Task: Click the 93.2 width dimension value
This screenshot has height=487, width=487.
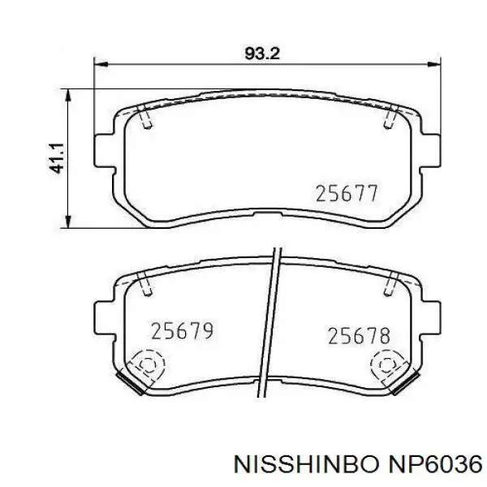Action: coord(262,54)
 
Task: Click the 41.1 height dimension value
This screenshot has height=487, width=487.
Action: coord(57,158)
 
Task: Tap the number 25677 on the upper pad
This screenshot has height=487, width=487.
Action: coord(347,193)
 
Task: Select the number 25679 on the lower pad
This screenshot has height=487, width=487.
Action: coord(183,331)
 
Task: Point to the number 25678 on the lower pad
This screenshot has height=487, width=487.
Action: coord(359,336)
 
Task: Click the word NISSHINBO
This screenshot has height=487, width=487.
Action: coord(307,465)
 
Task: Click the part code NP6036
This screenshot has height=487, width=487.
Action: coord(433,465)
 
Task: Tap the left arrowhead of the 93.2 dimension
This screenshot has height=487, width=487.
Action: coord(101,65)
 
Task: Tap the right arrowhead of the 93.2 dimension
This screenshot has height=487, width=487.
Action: coord(434,65)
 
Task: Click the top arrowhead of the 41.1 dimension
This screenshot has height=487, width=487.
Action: coord(68,96)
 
